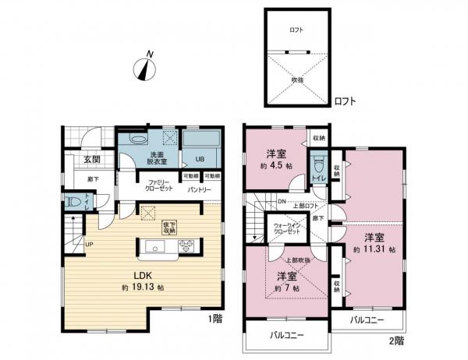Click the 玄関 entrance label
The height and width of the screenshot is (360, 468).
92,160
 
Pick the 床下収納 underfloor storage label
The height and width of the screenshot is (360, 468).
168,227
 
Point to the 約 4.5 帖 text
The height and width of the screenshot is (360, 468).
276,165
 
